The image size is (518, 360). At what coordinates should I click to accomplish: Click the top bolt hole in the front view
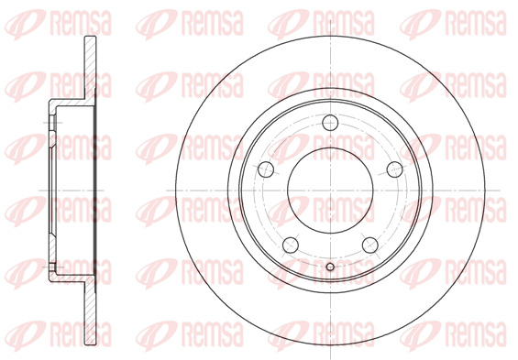330,123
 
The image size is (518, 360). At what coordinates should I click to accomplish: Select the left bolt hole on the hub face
266,169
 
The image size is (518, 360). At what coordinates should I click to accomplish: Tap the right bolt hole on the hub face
395,169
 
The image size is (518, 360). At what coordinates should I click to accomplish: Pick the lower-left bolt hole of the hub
291,245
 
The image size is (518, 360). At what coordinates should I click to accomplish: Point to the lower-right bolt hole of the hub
370,245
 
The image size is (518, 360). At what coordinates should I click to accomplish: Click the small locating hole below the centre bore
330,267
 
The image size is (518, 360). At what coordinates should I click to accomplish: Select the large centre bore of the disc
330,191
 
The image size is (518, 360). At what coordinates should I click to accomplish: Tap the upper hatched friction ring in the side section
90,68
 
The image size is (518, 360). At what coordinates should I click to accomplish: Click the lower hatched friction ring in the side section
90,312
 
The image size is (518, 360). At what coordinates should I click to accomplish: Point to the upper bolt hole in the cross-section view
53,123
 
